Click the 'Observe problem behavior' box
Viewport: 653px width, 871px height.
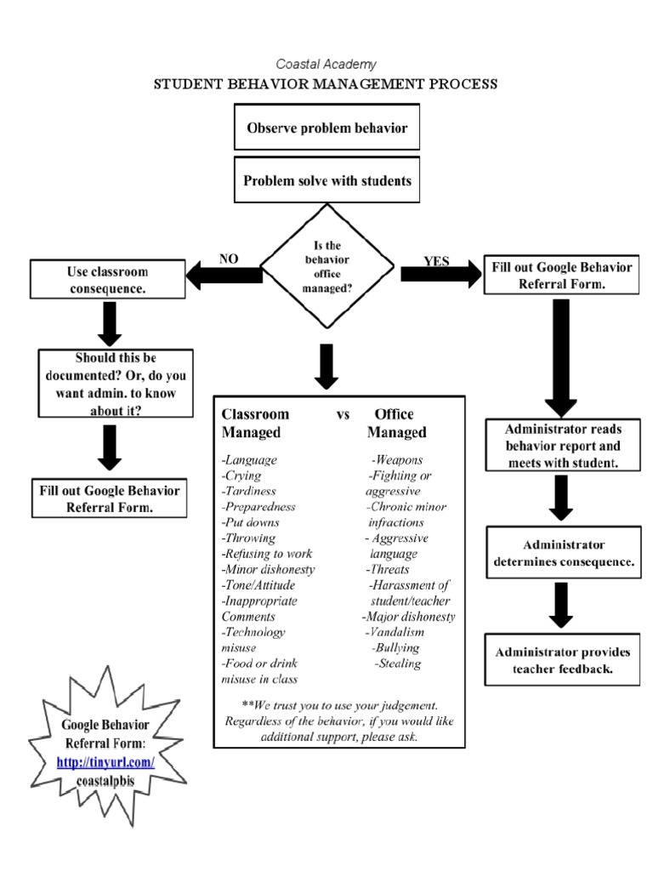pyautogui.click(x=326, y=128)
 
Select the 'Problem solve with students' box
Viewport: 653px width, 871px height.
pyautogui.click(x=326, y=180)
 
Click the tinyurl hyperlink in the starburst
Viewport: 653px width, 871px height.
pyautogui.click(x=105, y=763)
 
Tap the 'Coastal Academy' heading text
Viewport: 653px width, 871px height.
pyautogui.click(x=326, y=64)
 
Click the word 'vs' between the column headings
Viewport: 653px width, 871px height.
pyautogui.click(x=344, y=414)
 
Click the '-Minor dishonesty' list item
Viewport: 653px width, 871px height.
pyautogui.click(x=268, y=569)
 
